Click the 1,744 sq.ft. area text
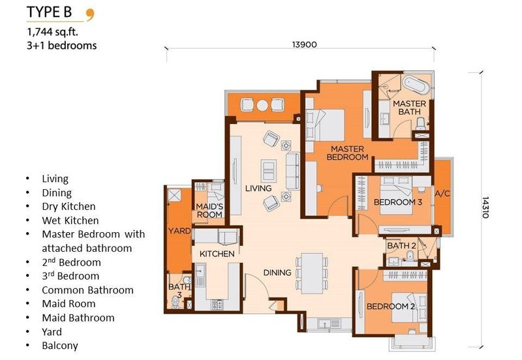56,31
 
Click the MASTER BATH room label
409,108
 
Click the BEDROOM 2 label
391,307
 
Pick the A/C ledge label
442,194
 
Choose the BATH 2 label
401,246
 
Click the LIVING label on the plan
258,188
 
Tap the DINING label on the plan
277,273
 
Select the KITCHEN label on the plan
217,254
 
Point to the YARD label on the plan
178,231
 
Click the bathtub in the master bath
411,87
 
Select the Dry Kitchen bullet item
69,207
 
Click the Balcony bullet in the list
59,346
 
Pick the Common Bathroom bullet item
87,290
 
